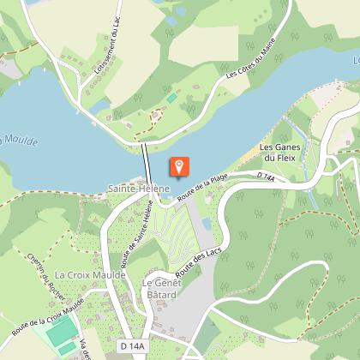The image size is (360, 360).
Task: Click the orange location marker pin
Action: click(180, 166)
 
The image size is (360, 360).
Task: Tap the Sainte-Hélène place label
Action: click(139, 188)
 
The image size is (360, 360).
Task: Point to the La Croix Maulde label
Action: click(90, 274)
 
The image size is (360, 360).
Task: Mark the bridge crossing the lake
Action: click(146, 160)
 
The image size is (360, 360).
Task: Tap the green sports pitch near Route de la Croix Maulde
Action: click(59, 334)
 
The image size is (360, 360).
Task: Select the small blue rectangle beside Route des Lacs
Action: click(206, 225)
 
